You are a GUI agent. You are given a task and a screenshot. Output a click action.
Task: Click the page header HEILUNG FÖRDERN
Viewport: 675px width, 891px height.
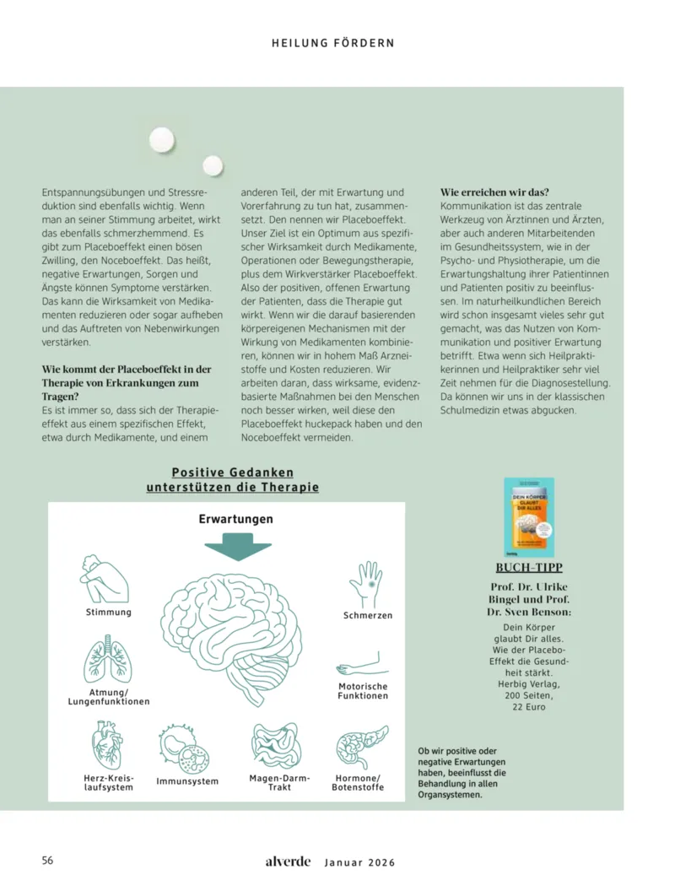pyautogui.click(x=332, y=42)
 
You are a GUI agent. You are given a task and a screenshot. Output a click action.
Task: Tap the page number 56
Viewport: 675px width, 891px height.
pyautogui.click(x=48, y=861)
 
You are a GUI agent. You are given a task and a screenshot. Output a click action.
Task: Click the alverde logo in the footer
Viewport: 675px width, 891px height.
pyautogui.click(x=288, y=861)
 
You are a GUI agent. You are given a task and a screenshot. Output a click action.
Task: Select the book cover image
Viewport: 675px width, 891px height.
pyautogui.click(x=528, y=517)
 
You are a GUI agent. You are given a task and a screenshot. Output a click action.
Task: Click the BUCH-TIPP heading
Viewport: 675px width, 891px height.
pyautogui.click(x=529, y=568)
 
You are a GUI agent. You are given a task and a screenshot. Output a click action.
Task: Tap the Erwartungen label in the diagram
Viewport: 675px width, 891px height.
pyautogui.click(x=235, y=519)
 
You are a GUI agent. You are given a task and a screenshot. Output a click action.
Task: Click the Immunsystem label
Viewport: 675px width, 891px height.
pyautogui.click(x=187, y=781)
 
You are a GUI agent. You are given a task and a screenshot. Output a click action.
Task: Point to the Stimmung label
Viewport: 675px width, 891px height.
pyautogui.click(x=108, y=612)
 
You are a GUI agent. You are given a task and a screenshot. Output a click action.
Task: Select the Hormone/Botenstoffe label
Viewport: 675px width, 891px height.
pyautogui.click(x=359, y=782)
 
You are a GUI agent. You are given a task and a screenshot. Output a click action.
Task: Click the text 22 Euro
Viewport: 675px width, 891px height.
pyautogui.click(x=529, y=707)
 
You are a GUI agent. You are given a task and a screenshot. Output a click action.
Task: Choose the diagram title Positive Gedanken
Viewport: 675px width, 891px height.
pyautogui.click(x=233, y=473)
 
